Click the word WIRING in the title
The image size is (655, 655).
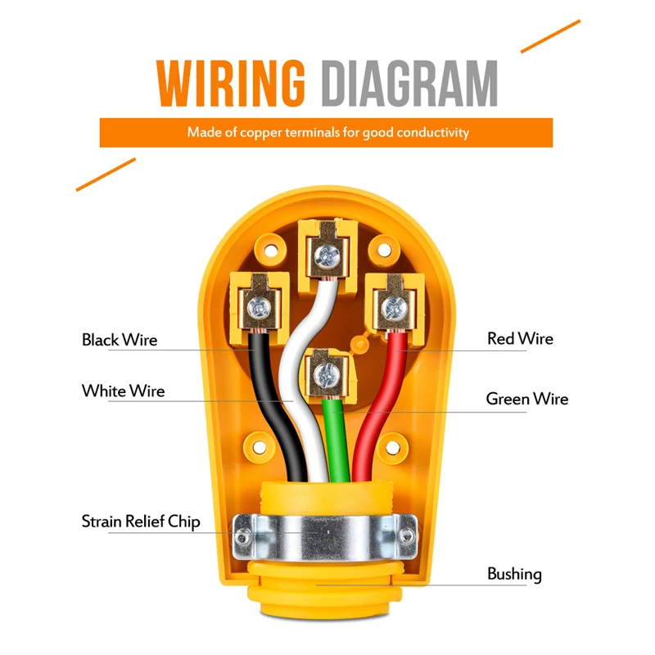pos(231,84)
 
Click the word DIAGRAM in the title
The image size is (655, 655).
pos(410,84)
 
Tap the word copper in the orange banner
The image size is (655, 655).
pos(261,133)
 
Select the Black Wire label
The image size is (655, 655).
pos(120,340)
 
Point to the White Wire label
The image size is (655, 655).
pos(124,391)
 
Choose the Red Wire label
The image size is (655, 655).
pos(520,339)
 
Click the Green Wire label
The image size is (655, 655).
pos(527,399)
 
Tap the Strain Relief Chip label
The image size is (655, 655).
pos(141,522)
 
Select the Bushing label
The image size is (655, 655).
pos(514,575)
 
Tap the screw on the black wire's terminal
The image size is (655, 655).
pos(259,309)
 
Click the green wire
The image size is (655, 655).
pos(336,439)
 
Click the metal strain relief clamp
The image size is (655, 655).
pos(324,537)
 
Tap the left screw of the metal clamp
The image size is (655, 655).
pos(243,537)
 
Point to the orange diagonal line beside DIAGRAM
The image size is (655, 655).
pos(550,36)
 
